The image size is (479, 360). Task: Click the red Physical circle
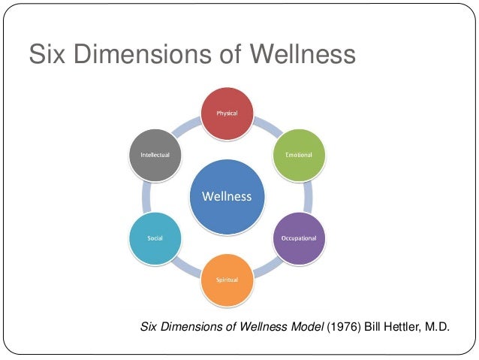click(x=227, y=113)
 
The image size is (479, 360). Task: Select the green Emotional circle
click(x=299, y=155)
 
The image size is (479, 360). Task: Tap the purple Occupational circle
click(x=299, y=238)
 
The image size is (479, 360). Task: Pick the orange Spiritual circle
click(x=227, y=280)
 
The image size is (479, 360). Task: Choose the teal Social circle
click(x=155, y=238)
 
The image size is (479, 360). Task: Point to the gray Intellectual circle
click(x=155, y=155)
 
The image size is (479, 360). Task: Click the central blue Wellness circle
click(x=227, y=197)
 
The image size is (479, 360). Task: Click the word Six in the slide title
click(x=47, y=54)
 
